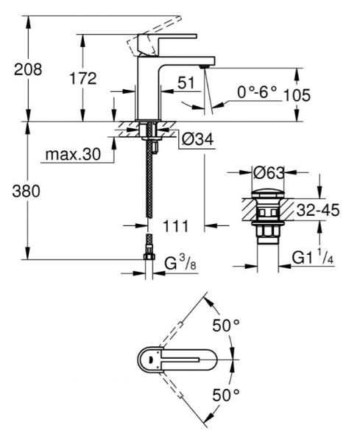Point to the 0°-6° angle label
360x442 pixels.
[x=257, y=94]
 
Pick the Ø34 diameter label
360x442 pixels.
[x=198, y=138]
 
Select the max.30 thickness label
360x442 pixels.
[x=72, y=155]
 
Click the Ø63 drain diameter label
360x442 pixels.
[x=269, y=174]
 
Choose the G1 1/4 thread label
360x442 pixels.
[x=314, y=257]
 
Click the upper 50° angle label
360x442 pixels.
[x=226, y=325]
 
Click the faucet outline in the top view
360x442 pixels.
[x=177, y=360]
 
